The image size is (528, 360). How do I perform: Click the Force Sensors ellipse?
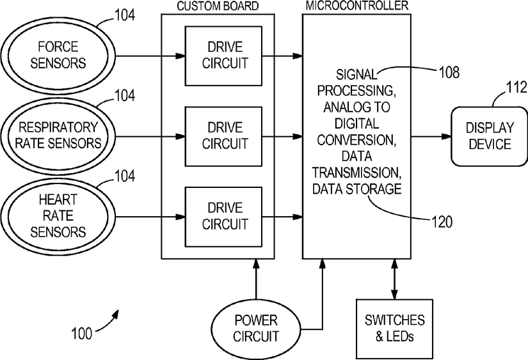(58, 56)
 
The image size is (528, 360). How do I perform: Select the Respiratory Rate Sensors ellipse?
(58, 136)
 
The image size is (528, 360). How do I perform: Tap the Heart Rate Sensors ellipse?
(58, 216)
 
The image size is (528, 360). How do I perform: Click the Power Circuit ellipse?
(256, 329)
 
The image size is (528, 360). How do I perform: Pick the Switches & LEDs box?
(395, 329)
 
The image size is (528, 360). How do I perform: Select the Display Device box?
(490, 136)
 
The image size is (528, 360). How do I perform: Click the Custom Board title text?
(218, 6)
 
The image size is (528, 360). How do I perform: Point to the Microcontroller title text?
(357, 6)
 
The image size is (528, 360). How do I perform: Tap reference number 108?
(449, 72)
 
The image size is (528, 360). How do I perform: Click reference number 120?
(442, 222)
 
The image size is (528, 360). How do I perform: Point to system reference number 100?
(81, 333)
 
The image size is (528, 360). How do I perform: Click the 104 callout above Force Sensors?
(125, 15)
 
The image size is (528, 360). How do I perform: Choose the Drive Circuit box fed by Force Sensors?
(223, 56)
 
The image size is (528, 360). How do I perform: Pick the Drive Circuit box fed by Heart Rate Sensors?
(223, 217)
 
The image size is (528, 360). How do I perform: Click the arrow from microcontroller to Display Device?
(431, 136)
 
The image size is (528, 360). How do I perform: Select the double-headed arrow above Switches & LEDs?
(395, 279)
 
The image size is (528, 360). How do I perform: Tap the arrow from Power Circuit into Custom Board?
(256, 279)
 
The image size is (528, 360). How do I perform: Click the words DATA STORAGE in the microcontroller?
(357, 189)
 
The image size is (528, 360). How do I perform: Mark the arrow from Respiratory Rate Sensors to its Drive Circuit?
(150, 136)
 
